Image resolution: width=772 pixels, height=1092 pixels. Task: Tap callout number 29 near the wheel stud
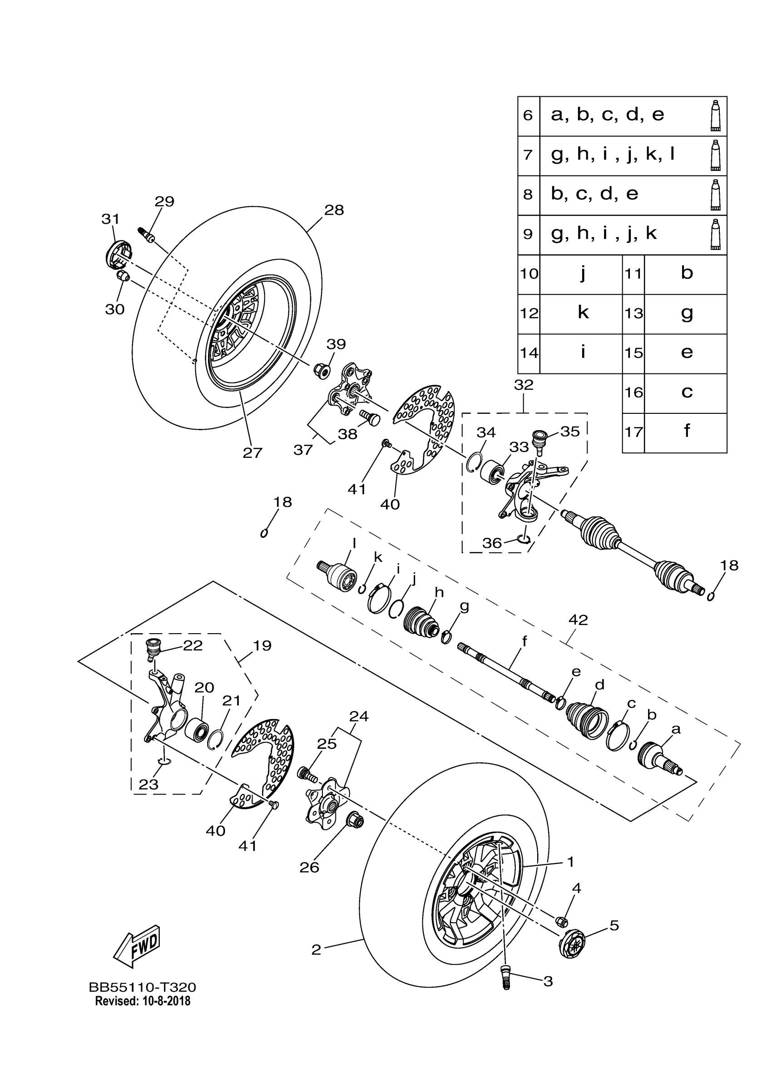tap(164, 201)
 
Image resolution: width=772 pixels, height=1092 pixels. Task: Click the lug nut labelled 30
tap(123, 276)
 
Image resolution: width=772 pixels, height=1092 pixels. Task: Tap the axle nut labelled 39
tap(322, 370)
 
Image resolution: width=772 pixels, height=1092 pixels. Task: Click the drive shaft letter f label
tap(525, 641)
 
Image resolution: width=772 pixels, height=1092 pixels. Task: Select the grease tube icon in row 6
tap(715, 115)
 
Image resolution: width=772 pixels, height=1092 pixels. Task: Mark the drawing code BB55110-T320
tap(143, 988)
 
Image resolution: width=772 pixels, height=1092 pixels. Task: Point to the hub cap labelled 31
tap(118, 254)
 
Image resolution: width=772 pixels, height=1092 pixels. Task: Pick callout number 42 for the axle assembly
tap(578, 620)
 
